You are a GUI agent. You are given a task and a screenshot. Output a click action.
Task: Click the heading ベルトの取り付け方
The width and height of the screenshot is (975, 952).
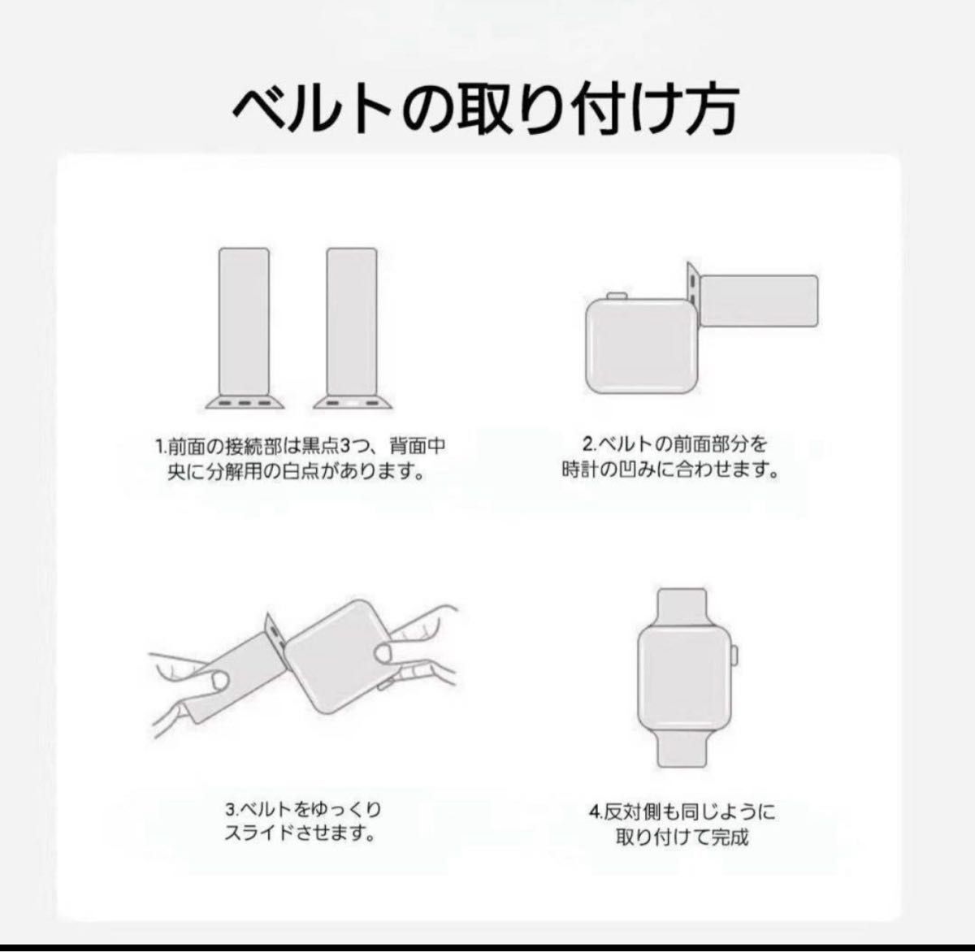pyautogui.click(x=486, y=109)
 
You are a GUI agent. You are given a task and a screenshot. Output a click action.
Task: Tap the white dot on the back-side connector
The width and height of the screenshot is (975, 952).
pyautogui.click(x=352, y=403)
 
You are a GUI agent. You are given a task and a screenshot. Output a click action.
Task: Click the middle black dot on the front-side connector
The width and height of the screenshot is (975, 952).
pyautogui.click(x=244, y=403)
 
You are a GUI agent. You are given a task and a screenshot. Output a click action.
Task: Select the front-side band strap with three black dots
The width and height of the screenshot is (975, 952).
pyautogui.click(x=244, y=328)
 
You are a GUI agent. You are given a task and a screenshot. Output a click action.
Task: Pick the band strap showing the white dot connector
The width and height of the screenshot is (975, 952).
pyautogui.click(x=353, y=328)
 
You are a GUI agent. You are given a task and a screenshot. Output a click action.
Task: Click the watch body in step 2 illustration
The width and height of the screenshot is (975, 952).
pyautogui.click(x=642, y=346)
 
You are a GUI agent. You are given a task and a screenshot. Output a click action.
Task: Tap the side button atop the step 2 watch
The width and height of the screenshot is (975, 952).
pyautogui.click(x=617, y=296)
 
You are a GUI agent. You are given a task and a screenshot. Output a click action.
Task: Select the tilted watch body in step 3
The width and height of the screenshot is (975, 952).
pyautogui.click(x=343, y=656)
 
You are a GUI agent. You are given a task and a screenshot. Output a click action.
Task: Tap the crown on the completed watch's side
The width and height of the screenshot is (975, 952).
pyautogui.click(x=735, y=656)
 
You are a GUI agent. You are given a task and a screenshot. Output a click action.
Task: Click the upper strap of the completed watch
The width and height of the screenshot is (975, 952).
pyautogui.click(x=682, y=608)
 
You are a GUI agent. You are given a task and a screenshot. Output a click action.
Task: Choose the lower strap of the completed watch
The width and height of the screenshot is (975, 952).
pyautogui.click(x=682, y=747)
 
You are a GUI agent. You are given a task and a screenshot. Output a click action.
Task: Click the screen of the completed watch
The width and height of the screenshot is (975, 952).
pyautogui.click(x=682, y=677)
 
